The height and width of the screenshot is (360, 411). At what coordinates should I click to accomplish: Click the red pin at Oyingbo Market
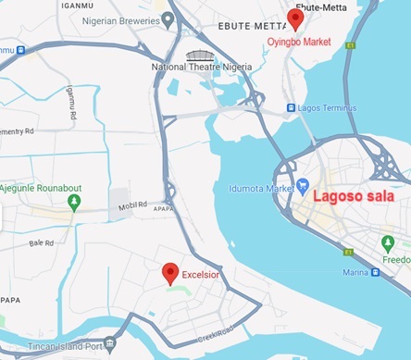(x=295, y=19)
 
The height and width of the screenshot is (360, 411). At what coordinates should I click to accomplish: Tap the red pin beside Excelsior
(x=170, y=273)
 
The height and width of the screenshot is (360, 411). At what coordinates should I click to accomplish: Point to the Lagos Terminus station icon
(x=292, y=107)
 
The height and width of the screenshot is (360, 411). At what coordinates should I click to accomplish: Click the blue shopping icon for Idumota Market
(x=302, y=189)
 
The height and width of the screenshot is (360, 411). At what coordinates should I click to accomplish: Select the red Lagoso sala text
(x=353, y=196)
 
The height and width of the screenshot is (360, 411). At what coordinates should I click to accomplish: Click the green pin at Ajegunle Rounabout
(x=74, y=201)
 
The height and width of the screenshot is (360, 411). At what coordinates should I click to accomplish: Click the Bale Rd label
(x=42, y=243)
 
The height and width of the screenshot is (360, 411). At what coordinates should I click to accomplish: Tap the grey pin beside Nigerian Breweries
(x=168, y=18)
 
